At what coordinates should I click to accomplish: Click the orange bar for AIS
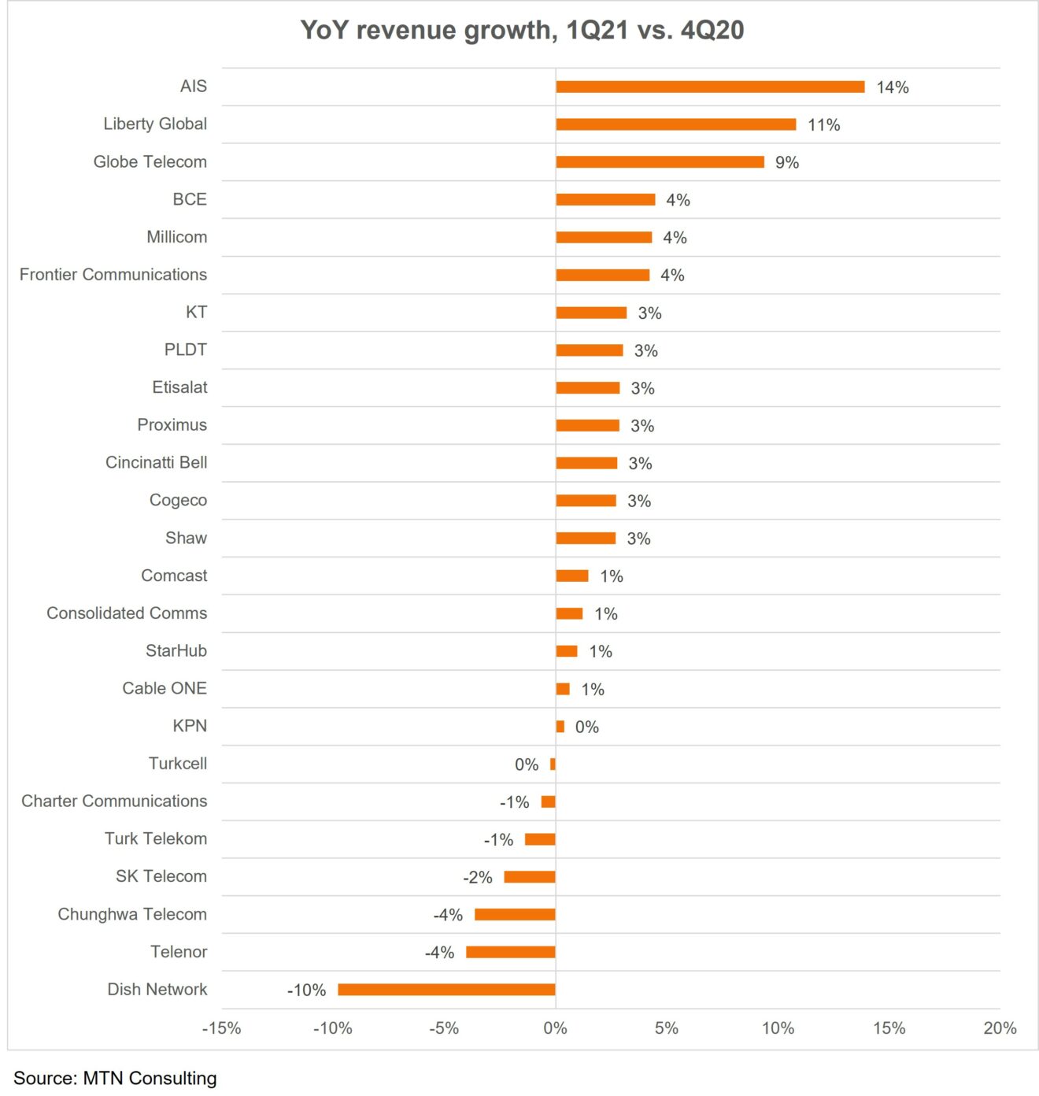point(710,87)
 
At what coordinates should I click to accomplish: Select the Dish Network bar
point(446,990)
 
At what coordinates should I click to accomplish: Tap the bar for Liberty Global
point(675,124)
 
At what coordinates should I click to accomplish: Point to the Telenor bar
point(510,952)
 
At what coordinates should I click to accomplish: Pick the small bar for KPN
point(560,727)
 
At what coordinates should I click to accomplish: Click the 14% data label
point(892,87)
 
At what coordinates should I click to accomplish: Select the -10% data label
point(306,990)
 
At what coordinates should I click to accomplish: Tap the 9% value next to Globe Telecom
point(786,163)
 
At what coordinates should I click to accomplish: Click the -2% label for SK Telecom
point(477,877)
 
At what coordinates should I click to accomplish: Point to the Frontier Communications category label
point(113,275)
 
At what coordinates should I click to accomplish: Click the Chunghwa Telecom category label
point(132,914)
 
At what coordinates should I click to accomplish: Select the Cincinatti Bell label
point(156,462)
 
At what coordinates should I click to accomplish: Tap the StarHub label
point(176,650)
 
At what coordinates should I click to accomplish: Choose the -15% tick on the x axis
point(221,1028)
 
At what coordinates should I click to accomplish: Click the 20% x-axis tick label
point(999,1028)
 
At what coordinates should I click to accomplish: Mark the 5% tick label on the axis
point(666,1028)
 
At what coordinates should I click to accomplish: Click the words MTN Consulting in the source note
point(150,1078)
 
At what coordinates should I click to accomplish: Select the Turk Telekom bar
point(540,839)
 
